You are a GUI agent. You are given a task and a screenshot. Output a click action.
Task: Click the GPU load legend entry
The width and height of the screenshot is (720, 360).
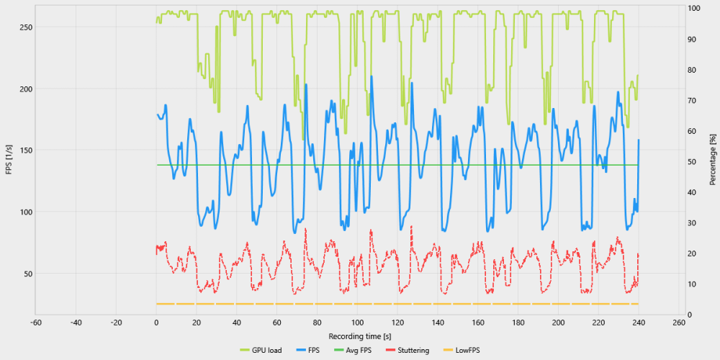coord(265,351)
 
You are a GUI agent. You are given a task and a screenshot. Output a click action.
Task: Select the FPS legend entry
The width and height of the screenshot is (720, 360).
coord(312,351)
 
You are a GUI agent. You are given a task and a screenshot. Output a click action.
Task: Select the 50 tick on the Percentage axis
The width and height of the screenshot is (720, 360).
coord(693,162)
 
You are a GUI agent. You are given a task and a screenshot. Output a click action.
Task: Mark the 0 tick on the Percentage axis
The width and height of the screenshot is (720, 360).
coord(690,315)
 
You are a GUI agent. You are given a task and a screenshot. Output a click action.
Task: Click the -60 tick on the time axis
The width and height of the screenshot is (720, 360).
coord(36,323)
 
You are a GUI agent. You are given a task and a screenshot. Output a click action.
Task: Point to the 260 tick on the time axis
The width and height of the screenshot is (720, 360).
coord(678,323)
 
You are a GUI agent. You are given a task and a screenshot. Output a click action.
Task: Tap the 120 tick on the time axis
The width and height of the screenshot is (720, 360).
coord(397,323)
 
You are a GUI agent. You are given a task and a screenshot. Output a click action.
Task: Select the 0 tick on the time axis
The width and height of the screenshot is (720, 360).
coord(156,323)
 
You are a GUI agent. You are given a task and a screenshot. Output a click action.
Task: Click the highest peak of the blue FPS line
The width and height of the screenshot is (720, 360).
coord(371,76)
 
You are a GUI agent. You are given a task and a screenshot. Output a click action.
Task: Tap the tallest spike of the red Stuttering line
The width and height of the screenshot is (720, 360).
coord(411,226)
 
